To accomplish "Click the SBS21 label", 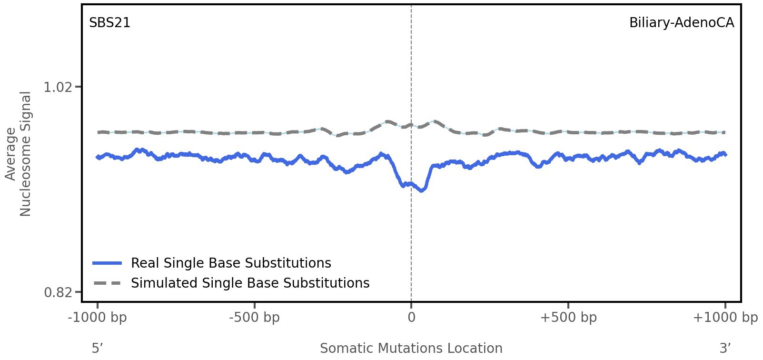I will click(109, 23).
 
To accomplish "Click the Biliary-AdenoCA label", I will click(681, 23).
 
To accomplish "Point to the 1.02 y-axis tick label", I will click(58, 87).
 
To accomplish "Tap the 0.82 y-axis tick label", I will click(58, 292).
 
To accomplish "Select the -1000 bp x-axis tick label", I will click(98, 318).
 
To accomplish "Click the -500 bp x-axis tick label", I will click(254, 318).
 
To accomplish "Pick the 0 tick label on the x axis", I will click(411, 318).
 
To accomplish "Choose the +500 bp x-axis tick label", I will click(568, 318).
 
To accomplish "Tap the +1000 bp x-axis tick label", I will click(725, 318).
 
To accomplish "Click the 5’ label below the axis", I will click(98, 348).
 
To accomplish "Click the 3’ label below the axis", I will click(725, 348).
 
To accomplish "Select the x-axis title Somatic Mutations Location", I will click(411, 348).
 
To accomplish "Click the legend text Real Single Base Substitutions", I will click(231, 263).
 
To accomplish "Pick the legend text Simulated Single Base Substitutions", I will click(250, 283).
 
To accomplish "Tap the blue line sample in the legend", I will click(108, 263).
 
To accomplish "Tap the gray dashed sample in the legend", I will click(108, 283).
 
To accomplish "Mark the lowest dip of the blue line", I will click(421, 190).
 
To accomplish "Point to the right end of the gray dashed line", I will click(724, 132).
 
